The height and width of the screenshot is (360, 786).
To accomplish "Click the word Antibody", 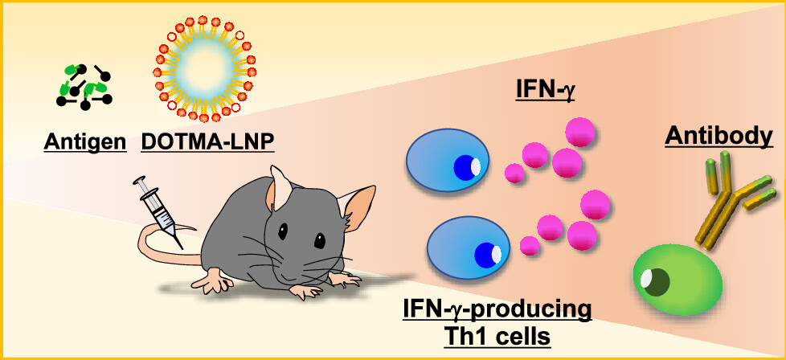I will (713, 137).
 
